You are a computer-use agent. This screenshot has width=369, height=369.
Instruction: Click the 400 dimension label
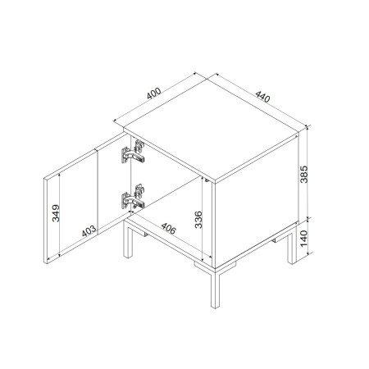[154, 93]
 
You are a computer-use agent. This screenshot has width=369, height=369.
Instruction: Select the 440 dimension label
[262, 97]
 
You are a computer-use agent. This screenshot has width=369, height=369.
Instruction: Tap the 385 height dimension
[304, 175]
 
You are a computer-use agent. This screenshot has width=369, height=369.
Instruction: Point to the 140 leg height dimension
[304, 239]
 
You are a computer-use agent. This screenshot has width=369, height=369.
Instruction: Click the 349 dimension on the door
[56, 213]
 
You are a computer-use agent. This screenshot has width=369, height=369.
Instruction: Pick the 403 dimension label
[89, 231]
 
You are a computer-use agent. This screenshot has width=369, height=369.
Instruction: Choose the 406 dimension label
[168, 229]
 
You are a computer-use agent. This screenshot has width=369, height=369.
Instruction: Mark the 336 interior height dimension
[198, 220]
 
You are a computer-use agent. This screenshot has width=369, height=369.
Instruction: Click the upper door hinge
[134, 152]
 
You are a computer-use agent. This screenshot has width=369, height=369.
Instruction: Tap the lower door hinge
[134, 197]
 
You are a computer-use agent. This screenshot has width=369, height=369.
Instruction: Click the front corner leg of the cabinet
[216, 289]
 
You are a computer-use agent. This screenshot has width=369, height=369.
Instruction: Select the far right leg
[292, 248]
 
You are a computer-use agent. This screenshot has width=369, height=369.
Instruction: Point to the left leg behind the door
[128, 239]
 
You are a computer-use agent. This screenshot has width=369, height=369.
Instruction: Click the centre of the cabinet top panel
[211, 130]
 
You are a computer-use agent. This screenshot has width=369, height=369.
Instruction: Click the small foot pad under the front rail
[202, 265]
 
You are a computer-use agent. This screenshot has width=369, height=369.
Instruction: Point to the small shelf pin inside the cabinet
[207, 180]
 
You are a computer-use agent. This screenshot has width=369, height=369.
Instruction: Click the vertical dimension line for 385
[308, 172]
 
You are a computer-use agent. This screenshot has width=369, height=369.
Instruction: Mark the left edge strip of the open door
[45, 221]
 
